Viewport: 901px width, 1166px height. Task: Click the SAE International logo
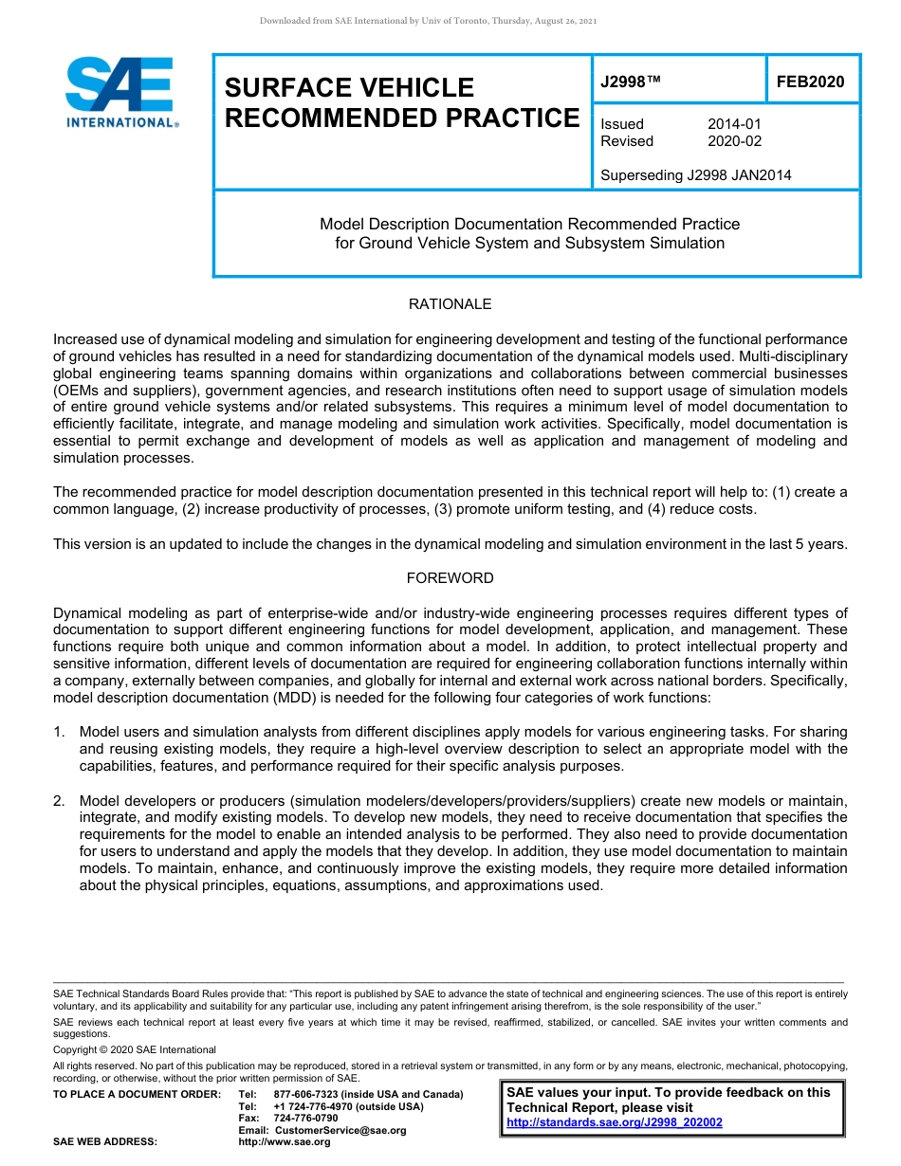pos(120,92)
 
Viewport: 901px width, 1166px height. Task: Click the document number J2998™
pos(630,82)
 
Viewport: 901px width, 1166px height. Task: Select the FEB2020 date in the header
pos(810,82)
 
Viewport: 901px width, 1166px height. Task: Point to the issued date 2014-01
pos(734,124)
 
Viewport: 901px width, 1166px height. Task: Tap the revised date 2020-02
pos(734,141)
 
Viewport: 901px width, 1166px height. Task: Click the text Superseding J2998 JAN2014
pos(695,175)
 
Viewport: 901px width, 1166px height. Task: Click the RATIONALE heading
pos(450,304)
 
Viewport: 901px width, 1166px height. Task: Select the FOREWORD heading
pos(450,577)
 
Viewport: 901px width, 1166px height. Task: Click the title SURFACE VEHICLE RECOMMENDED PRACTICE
pos(401,102)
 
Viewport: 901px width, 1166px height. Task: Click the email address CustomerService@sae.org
pos(340,1130)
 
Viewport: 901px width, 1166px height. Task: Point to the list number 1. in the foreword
pos(60,732)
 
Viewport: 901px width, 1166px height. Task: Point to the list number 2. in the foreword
pos(60,801)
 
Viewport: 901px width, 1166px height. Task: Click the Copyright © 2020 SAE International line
pos(135,1049)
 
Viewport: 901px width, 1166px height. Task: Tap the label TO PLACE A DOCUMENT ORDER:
pos(137,1094)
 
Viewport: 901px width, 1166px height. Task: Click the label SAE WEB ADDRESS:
pos(104,1142)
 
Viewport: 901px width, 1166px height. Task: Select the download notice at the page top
pos(428,21)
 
